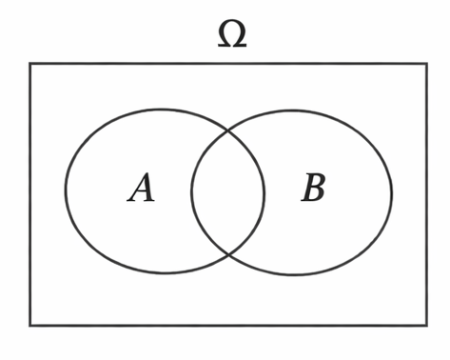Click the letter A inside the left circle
[x=142, y=189]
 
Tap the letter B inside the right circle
[x=313, y=190]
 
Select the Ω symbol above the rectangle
[x=231, y=33]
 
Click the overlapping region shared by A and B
[x=228, y=191]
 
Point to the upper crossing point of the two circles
[x=228, y=130]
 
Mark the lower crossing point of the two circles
[x=229, y=254]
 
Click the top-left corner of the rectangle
[x=29, y=64]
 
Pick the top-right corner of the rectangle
[x=425, y=64]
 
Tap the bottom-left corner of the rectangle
[x=29, y=325]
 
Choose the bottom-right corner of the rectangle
[x=425, y=325]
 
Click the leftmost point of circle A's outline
[x=66, y=190]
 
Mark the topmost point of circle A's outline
[x=164, y=109]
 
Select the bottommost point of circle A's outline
[x=166, y=273]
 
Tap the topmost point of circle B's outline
[x=292, y=110]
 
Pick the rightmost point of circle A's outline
[x=264, y=190]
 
